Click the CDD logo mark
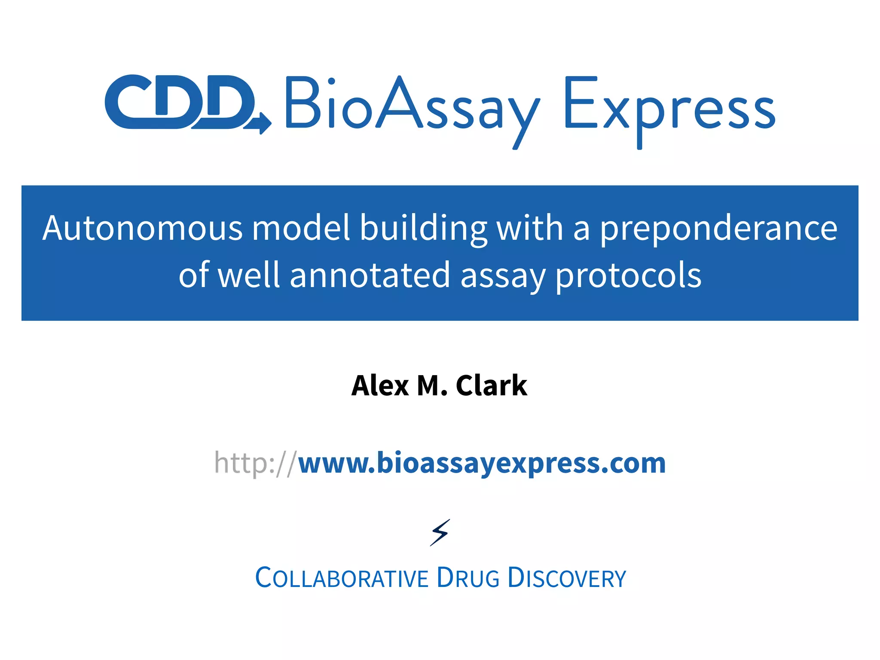click(180, 102)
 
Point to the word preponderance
click(718, 229)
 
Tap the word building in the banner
click(423, 228)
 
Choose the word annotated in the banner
click(370, 275)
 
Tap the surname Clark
click(491, 385)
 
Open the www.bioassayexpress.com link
click(482, 464)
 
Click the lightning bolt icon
click(440, 533)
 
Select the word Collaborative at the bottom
click(342, 578)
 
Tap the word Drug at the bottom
click(468, 578)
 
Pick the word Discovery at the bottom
click(567, 578)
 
